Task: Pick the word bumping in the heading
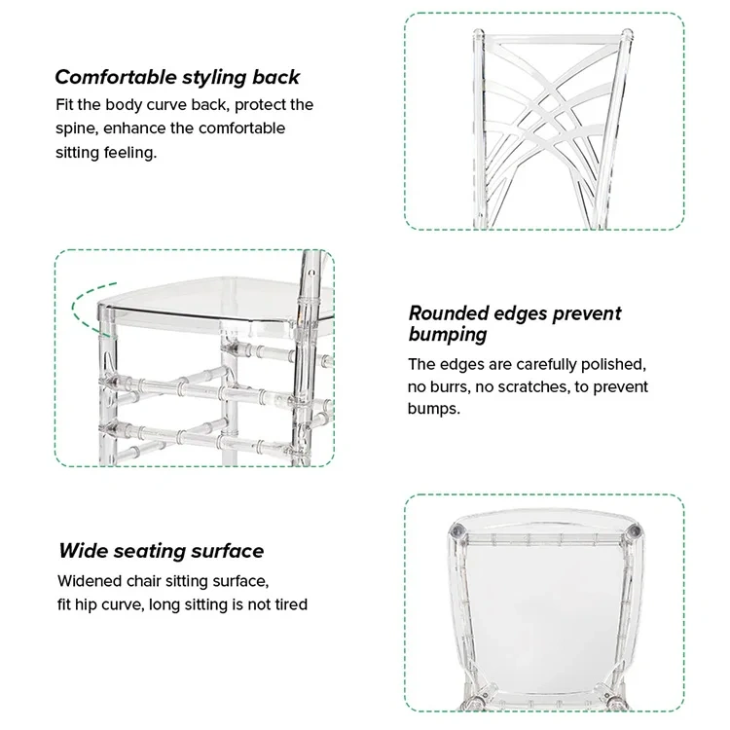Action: click(x=448, y=335)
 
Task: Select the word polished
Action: click(x=612, y=364)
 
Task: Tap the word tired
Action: click(x=287, y=604)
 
